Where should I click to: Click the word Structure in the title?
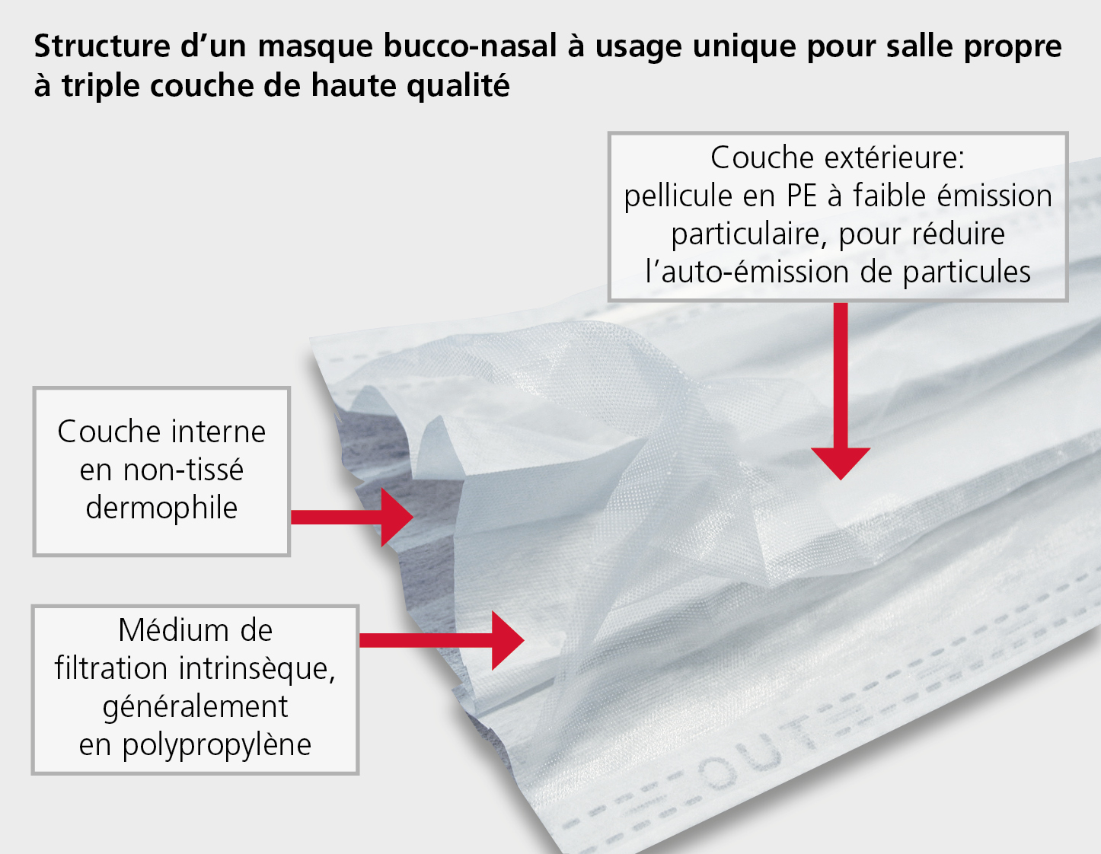point(102,46)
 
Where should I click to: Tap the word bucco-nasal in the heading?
point(470,46)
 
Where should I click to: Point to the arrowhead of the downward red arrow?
point(841,464)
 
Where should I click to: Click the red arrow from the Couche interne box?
point(352,517)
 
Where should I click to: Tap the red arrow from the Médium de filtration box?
point(442,640)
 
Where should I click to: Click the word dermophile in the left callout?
point(161,508)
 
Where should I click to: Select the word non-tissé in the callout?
point(161,470)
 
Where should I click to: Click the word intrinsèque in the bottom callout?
point(257,668)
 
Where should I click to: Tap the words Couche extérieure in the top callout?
point(838,158)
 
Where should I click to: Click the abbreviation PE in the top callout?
point(802,196)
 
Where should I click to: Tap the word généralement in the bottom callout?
point(195,708)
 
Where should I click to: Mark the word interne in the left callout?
point(218,432)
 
